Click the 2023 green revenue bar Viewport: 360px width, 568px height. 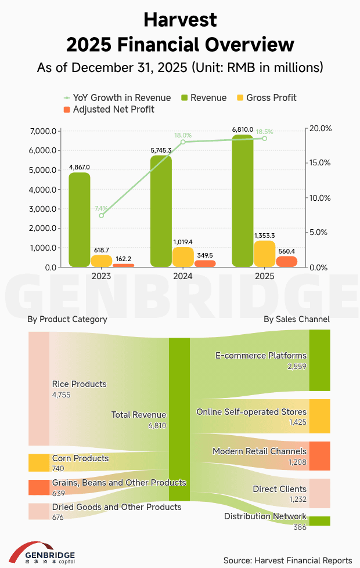[x=80, y=219]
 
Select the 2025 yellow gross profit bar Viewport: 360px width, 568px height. [x=265, y=254]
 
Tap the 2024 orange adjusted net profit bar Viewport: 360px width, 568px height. [x=204, y=263]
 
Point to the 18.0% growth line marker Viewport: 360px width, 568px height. [x=183, y=142]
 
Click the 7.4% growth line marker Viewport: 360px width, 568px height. [x=102, y=215]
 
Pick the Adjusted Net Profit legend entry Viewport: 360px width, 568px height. [x=108, y=109]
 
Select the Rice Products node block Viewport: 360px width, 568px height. [x=39, y=388]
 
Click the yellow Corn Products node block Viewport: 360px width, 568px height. [x=39, y=462]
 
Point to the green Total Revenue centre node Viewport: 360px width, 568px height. [x=179, y=419]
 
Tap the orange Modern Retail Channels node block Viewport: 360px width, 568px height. [x=319, y=455]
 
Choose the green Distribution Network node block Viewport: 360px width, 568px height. [x=319, y=520]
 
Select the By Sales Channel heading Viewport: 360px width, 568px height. [x=296, y=319]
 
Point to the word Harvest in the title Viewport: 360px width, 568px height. [x=180, y=20]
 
